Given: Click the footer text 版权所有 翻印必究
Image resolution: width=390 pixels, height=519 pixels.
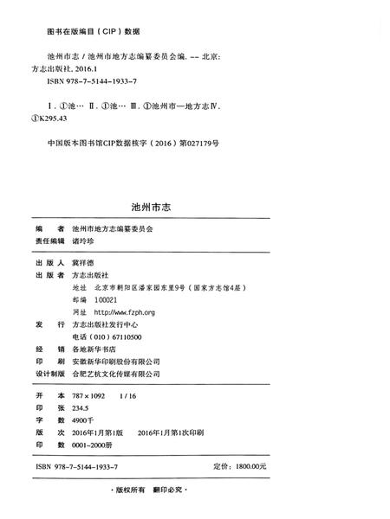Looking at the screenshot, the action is [195, 491].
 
